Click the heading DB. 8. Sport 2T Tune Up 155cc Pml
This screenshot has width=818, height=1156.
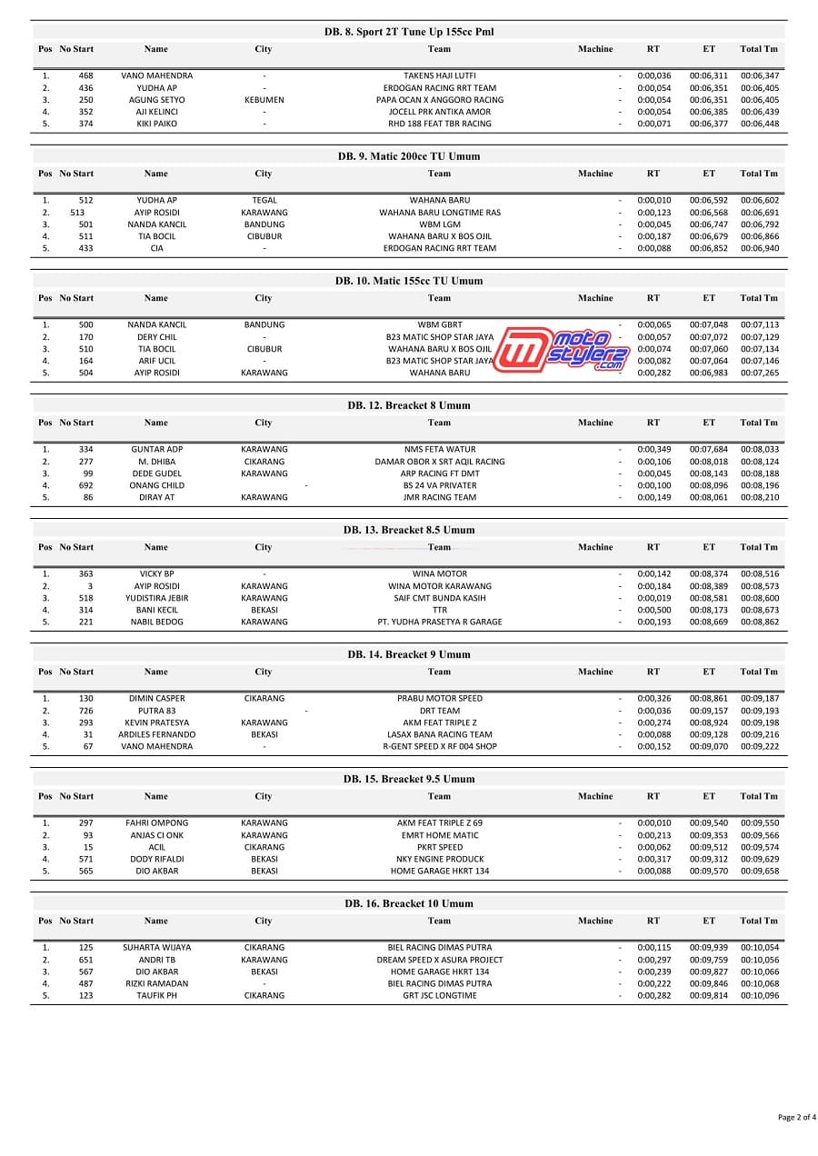click(x=409, y=32)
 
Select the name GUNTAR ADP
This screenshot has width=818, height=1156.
click(x=156, y=450)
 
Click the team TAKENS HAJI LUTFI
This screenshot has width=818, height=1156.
click(x=439, y=76)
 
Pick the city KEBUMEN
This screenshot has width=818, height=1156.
click(x=264, y=100)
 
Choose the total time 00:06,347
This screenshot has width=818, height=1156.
click(x=759, y=76)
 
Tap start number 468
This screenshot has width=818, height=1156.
click(x=86, y=76)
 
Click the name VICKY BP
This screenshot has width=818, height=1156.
click(x=156, y=574)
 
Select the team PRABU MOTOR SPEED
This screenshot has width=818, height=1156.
click(x=439, y=699)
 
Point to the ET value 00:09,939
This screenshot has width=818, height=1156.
click(x=708, y=948)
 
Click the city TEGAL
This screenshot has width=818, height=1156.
click(x=264, y=201)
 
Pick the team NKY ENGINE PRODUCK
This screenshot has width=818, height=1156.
click(x=439, y=859)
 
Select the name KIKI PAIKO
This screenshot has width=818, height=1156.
click(x=156, y=124)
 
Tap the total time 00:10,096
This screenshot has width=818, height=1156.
click(x=759, y=996)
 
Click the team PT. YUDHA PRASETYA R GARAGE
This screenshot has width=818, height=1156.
click(x=439, y=623)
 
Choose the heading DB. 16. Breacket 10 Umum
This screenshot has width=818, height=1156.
click(x=409, y=903)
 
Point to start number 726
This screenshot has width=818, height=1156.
click(x=86, y=711)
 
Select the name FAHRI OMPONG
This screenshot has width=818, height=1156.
click(x=156, y=823)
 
